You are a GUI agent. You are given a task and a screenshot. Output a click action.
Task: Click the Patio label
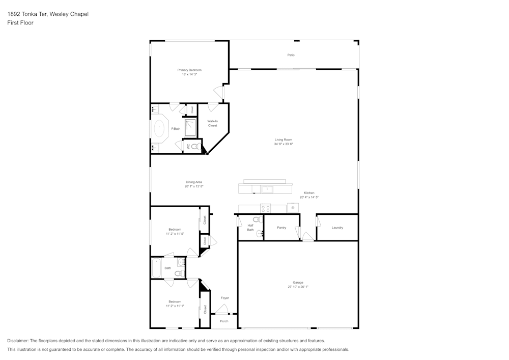(x=291, y=55)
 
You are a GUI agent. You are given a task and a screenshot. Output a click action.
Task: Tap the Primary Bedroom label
(x=189, y=70)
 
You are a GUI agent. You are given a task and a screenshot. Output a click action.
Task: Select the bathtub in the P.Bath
(x=160, y=129)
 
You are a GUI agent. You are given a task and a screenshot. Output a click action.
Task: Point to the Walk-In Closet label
(x=212, y=123)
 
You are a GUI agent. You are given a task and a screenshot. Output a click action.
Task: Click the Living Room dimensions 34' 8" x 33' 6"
(x=284, y=144)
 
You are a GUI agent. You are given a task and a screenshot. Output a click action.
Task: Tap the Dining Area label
(x=194, y=182)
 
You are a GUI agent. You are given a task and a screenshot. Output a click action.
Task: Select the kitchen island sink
(x=268, y=189)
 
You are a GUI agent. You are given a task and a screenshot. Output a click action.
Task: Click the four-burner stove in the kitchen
(x=266, y=208)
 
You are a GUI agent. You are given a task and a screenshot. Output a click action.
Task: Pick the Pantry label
(x=281, y=228)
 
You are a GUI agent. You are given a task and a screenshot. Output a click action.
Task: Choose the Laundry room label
(x=337, y=228)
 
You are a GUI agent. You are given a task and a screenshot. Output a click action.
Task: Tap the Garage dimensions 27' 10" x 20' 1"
(x=298, y=287)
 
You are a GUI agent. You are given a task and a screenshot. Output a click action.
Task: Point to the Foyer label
(x=224, y=298)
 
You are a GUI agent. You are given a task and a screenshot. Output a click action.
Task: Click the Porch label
(x=224, y=321)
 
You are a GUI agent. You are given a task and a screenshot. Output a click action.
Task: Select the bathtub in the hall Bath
(x=156, y=268)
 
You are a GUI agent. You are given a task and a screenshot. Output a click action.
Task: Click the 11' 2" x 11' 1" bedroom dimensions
(x=175, y=306)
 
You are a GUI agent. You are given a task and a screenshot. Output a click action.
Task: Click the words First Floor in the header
(x=20, y=23)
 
